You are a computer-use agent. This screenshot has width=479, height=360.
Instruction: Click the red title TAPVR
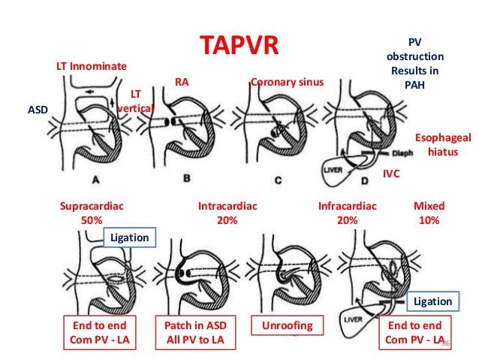tap(239, 45)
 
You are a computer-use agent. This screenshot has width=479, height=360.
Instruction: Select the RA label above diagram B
tap(181, 82)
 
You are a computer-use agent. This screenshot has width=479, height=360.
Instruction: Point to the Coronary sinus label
tap(285, 82)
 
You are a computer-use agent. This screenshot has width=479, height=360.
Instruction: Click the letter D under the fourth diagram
tap(365, 180)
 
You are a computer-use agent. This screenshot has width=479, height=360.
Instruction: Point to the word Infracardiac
tap(347, 206)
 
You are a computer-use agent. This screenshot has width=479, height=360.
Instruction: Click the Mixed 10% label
tap(429, 213)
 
